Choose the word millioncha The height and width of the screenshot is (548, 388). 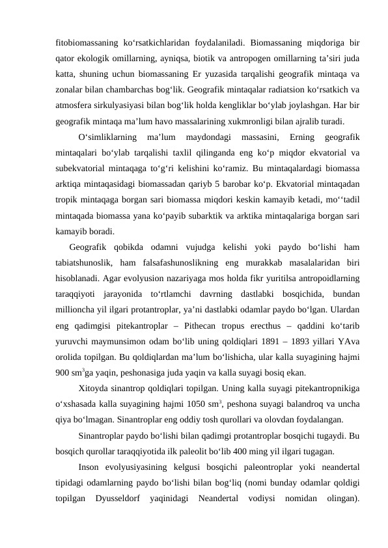point(77,308)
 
